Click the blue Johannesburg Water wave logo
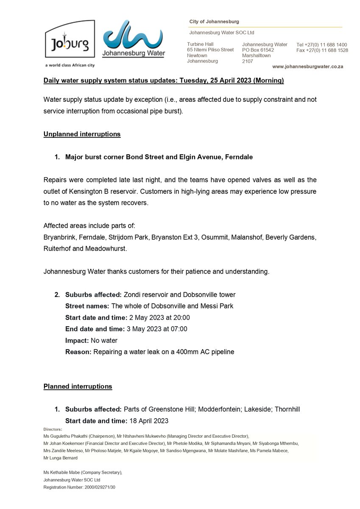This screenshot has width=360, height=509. click(x=134, y=38)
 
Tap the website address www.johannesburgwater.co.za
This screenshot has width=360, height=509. click(x=307, y=67)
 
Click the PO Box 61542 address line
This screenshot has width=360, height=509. click(x=258, y=50)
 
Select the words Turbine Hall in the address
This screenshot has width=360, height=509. click(x=200, y=44)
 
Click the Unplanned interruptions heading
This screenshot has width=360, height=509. click(x=82, y=134)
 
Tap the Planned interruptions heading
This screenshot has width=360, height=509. click(x=78, y=386)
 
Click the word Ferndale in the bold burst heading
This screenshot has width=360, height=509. click(x=239, y=157)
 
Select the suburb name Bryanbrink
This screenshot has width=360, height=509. click(x=59, y=237)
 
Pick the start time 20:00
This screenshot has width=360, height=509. click(x=181, y=317)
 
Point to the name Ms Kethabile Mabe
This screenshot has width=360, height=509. click(x=62, y=472)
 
